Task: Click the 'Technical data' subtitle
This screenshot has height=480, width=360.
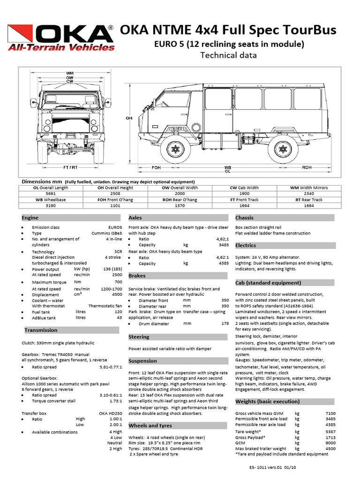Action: point(228,55)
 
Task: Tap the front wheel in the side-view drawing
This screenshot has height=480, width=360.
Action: point(175,149)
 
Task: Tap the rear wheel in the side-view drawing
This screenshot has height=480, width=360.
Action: point(283,149)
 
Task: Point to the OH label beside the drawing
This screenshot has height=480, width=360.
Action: point(128,119)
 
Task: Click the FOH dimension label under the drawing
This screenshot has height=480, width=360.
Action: point(156,167)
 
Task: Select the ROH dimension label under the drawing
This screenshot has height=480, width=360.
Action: point(307,167)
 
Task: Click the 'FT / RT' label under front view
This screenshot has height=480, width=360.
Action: point(70,167)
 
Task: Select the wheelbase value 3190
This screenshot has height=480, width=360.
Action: point(51,205)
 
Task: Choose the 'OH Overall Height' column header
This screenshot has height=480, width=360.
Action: point(115,187)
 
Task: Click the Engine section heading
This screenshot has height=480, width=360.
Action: point(30,217)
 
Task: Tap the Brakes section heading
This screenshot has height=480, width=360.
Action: point(137,276)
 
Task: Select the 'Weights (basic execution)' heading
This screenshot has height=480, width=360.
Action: point(267,401)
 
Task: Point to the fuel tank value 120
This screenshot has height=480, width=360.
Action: point(118,311)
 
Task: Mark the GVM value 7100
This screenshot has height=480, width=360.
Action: point(330,413)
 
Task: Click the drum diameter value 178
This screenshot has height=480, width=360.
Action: point(225,323)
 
